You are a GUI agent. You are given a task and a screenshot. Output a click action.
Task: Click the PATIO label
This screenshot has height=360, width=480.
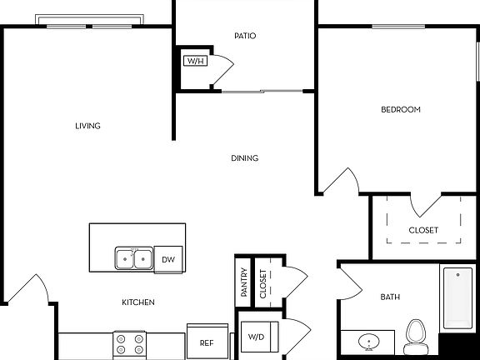(x=245, y=36)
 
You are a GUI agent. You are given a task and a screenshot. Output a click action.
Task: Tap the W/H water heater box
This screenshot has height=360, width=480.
(x=195, y=61)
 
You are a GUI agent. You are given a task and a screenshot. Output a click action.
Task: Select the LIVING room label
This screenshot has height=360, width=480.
(x=87, y=127)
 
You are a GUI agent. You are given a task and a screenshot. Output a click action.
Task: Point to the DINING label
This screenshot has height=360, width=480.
(x=245, y=158)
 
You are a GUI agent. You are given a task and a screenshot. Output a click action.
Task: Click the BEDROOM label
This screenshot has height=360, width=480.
(x=400, y=110)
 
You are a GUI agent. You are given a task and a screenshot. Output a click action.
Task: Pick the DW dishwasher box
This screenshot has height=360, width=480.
(x=169, y=260)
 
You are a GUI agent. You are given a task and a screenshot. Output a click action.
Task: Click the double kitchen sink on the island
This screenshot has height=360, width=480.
(x=133, y=260)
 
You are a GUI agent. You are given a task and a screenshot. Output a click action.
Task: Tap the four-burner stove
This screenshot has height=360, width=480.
(x=129, y=343)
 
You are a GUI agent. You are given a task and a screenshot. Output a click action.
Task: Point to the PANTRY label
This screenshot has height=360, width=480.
(x=243, y=283)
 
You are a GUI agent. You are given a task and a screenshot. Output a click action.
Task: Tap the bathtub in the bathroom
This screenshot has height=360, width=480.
(x=457, y=299)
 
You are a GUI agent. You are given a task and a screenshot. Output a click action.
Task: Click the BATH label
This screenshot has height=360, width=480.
(x=391, y=297)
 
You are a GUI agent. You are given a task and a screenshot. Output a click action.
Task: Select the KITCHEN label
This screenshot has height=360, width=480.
(x=137, y=302)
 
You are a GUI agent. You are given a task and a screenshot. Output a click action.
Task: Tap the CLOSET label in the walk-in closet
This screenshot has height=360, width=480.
(x=423, y=231)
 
